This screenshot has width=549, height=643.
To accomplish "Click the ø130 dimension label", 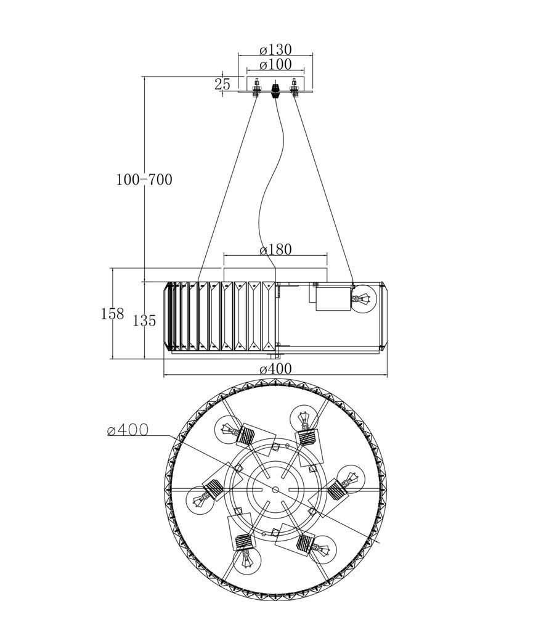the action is pos(275,50).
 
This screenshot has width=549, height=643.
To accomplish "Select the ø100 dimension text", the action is pos(275,64).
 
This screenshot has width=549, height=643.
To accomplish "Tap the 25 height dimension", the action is pos(222,84).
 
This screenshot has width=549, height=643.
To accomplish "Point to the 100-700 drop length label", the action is pos(144,179).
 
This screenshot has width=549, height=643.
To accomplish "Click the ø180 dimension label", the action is pos(275,249).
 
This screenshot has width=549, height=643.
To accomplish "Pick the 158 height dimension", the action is pos(112,314).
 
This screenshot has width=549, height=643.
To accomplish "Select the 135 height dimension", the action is pos(144,321).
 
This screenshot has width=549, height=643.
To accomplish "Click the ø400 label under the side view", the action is pos(275,369).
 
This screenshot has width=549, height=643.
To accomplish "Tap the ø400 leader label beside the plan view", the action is pos(128,430).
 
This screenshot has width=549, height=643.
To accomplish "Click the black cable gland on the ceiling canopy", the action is pos(276,89).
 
